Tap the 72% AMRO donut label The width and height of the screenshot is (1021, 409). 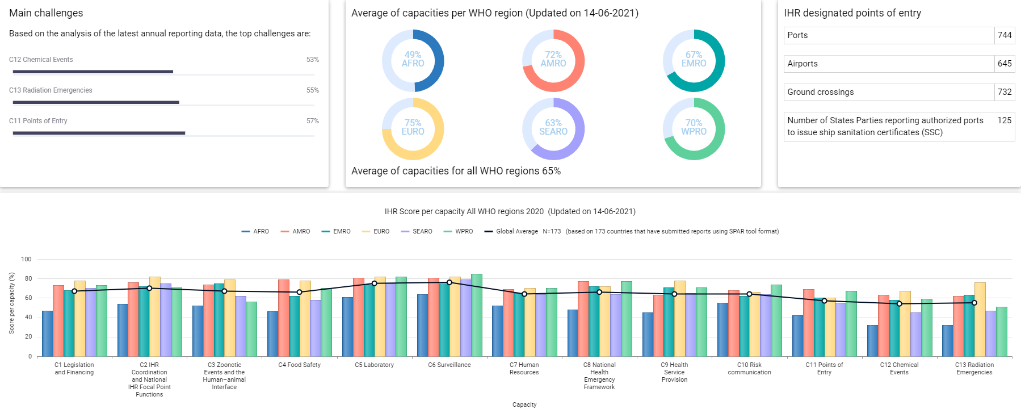(553, 59)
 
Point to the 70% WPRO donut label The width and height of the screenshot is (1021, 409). (694, 127)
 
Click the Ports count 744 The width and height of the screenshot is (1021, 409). (1005, 35)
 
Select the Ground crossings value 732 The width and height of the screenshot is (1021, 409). (1005, 92)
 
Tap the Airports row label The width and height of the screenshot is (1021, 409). (802, 64)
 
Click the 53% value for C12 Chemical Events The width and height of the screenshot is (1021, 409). (312, 60)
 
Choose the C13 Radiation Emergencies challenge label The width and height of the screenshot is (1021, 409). (51, 90)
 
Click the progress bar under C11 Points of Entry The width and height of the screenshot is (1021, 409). (99, 133)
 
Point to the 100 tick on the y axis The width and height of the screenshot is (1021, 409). (27, 259)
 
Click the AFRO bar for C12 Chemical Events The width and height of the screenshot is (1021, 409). (872, 341)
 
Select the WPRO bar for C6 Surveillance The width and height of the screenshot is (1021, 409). (477, 315)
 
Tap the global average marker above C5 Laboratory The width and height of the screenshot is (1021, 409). (374, 283)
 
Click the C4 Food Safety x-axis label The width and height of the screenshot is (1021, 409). (299, 365)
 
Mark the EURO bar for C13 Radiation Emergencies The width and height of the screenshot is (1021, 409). (980, 319)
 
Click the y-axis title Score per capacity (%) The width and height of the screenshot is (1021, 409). (11, 303)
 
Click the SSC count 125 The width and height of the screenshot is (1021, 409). (1004, 120)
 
